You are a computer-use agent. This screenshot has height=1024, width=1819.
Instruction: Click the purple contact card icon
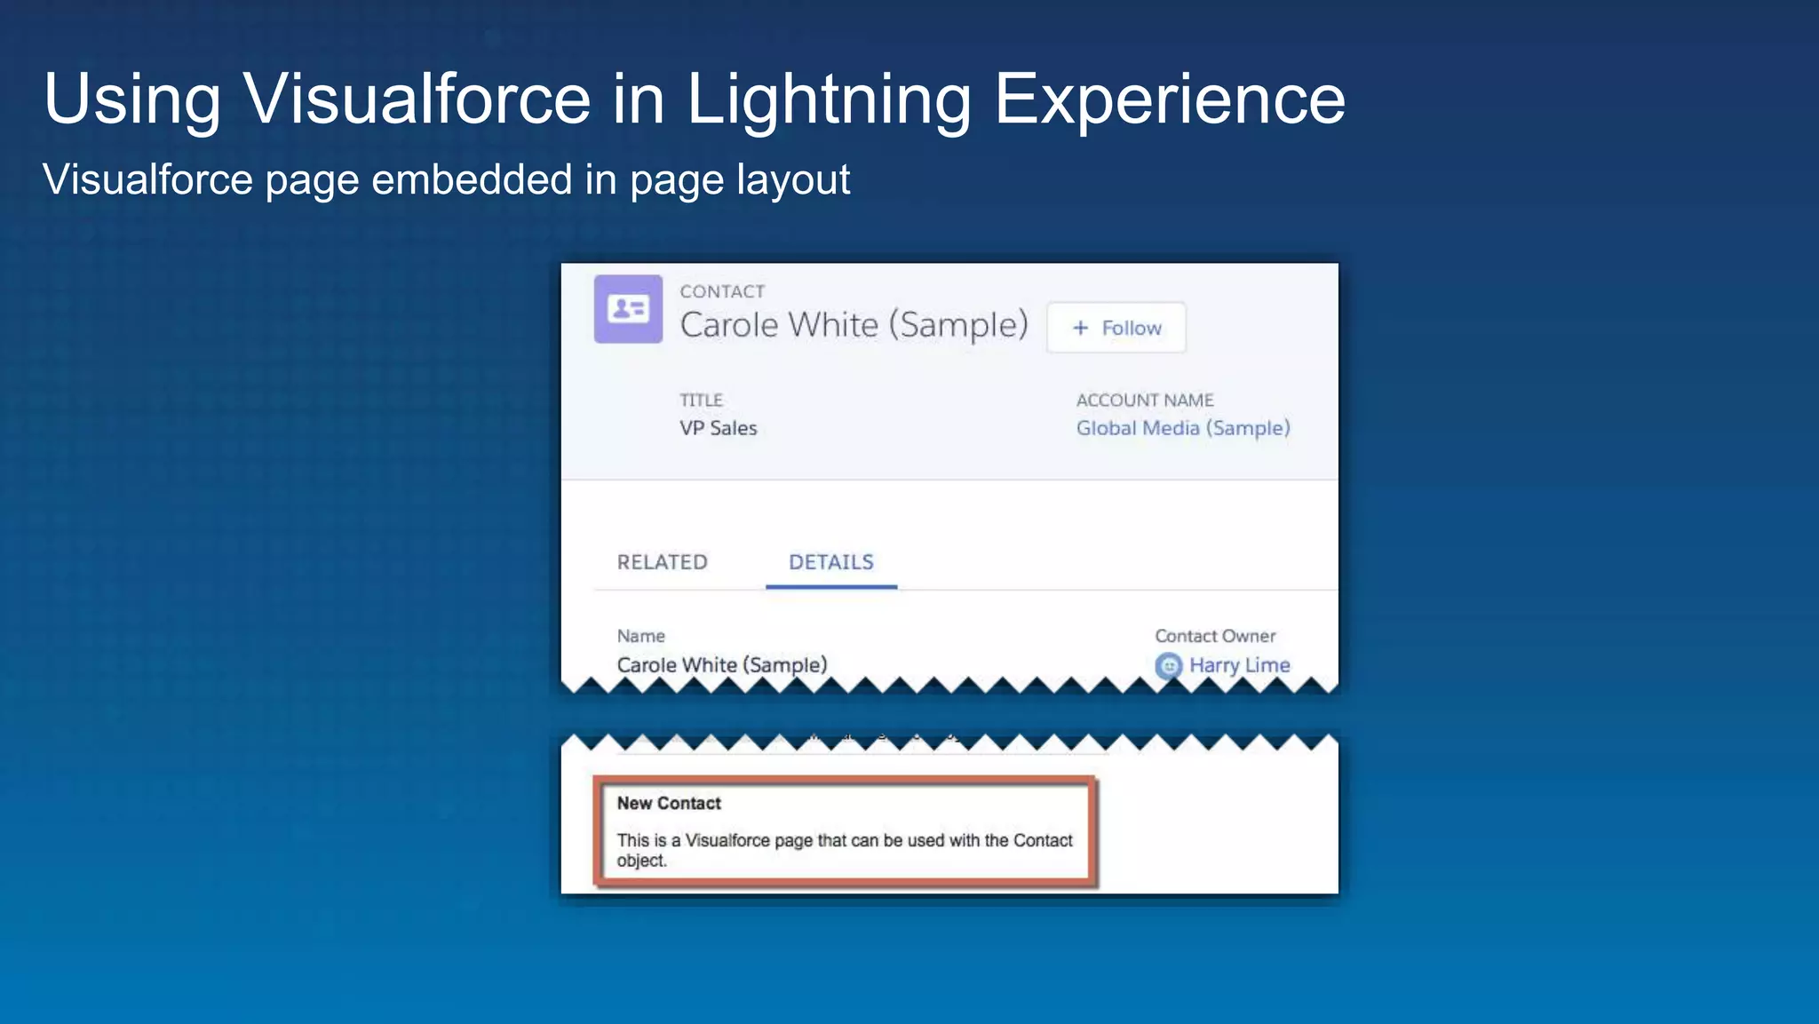point(628,309)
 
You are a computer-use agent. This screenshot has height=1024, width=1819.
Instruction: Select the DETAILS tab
point(831,562)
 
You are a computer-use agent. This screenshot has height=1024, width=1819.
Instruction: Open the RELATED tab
point(663,562)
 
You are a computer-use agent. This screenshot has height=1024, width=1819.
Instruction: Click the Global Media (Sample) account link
point(1183,428)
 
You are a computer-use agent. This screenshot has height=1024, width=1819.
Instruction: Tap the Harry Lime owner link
point(1239,665)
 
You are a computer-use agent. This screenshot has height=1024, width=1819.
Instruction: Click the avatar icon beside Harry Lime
point(1168,665)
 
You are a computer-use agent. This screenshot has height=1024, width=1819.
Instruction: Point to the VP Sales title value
point(719,428)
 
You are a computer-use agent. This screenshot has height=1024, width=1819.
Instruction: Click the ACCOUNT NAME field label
point(1145,401)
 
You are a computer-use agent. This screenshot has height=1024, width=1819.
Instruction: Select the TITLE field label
point(702,401)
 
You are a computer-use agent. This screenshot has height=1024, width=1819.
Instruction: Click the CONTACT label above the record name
point(722,292)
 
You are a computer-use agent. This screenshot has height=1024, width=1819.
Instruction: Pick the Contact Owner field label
point(1215,636)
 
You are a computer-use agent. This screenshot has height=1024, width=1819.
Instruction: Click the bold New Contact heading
point(669,804)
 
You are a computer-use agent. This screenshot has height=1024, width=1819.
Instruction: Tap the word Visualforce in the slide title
point(417,99)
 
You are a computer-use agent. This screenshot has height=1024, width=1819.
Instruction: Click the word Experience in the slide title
point(1170,99)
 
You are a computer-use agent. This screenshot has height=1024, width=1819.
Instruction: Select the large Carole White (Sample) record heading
point(854,325)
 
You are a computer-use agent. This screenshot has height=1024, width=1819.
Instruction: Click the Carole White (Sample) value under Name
point(722,665)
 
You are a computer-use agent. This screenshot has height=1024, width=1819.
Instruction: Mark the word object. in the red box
point(641,861)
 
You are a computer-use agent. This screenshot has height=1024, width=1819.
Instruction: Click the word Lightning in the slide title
point(830,99)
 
